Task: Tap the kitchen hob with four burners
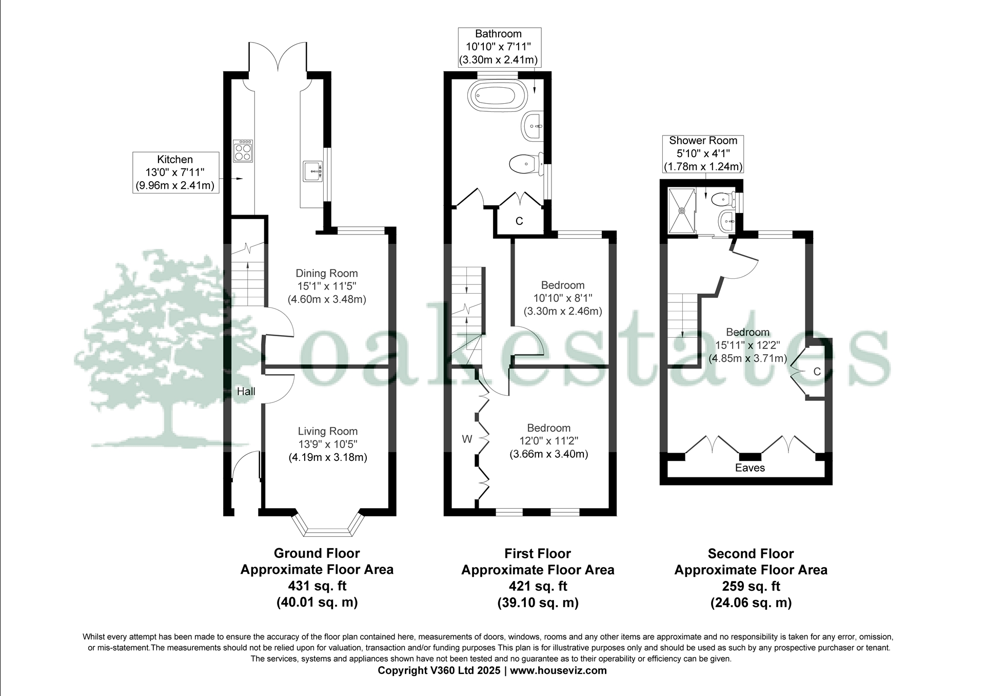click(243, 151)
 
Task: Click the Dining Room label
click(326, 274)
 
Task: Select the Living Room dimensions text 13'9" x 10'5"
click(327, 444)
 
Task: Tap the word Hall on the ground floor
click(246, 392)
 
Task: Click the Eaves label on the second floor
click(750, 468)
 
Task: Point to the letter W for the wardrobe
click(467, 439)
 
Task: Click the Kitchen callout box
click(175, 172)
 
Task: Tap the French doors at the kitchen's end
click(278, 57)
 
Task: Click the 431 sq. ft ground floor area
click(317, 586)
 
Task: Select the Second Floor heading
click(750, 554)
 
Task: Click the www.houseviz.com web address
click(558, 671)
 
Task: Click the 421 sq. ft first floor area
click(537, 586)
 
